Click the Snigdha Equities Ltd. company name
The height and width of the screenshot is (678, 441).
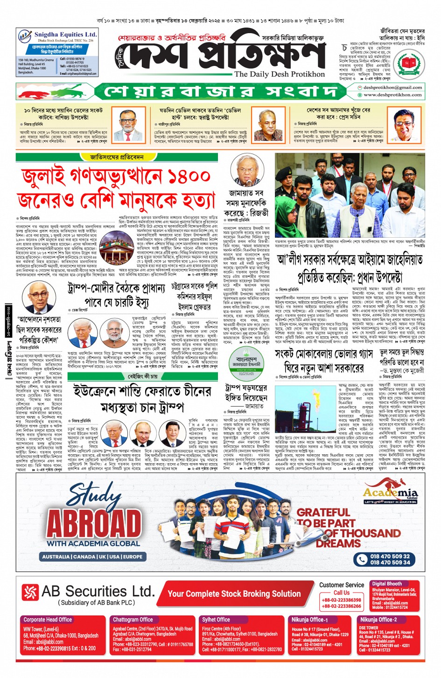pos(65,35)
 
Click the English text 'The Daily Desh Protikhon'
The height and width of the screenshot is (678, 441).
pos(279,74)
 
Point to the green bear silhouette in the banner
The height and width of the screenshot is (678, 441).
pos(70,90)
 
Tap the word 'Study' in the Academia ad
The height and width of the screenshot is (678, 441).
pos(93,492)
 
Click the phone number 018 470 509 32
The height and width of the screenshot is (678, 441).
pos(390,556)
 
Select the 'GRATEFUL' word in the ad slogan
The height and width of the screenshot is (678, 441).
pos(323,512)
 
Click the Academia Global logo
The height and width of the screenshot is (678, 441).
pos(390,494)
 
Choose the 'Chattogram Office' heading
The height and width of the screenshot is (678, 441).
pos(133,620)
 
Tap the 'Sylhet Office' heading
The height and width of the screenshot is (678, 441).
pos(216,620)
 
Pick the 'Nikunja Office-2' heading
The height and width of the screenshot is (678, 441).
pos(378,620)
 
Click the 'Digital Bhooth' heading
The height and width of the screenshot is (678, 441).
pos(387,584)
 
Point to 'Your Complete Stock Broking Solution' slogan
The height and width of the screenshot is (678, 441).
pos(234,593)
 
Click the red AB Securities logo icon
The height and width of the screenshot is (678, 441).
pos(30,592)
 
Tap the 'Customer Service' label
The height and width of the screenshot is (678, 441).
pos(342,585)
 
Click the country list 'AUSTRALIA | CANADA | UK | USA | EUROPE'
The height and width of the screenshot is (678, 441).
pos(92,557)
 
